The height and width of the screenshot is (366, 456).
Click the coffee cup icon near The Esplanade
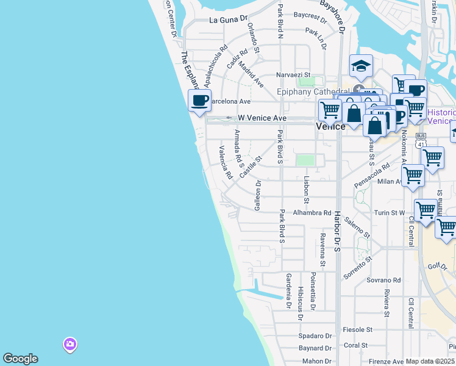click(x=199, y=101)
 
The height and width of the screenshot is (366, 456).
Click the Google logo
click(x=20, y=359)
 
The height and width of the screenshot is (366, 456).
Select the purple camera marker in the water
click(x=70, y=345)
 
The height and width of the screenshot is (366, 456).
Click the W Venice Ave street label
click(x=262, y=118)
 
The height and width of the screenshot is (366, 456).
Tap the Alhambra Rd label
click(x=311, y=213)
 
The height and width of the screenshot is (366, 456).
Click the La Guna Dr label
click(x=229, y=20)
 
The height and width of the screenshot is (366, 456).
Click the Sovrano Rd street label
click(x=383, y=280)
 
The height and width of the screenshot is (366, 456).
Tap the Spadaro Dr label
click(x=315, y=336)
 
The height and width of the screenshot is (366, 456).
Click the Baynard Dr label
click(x=315, y=348)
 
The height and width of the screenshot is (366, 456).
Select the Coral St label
click(x=355, y=345)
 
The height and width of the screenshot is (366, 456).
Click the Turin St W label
click(x=390, y=213)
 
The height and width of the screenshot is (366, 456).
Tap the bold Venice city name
click(x=331, y=126)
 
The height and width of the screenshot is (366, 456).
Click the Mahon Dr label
click(x=316, y=361)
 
